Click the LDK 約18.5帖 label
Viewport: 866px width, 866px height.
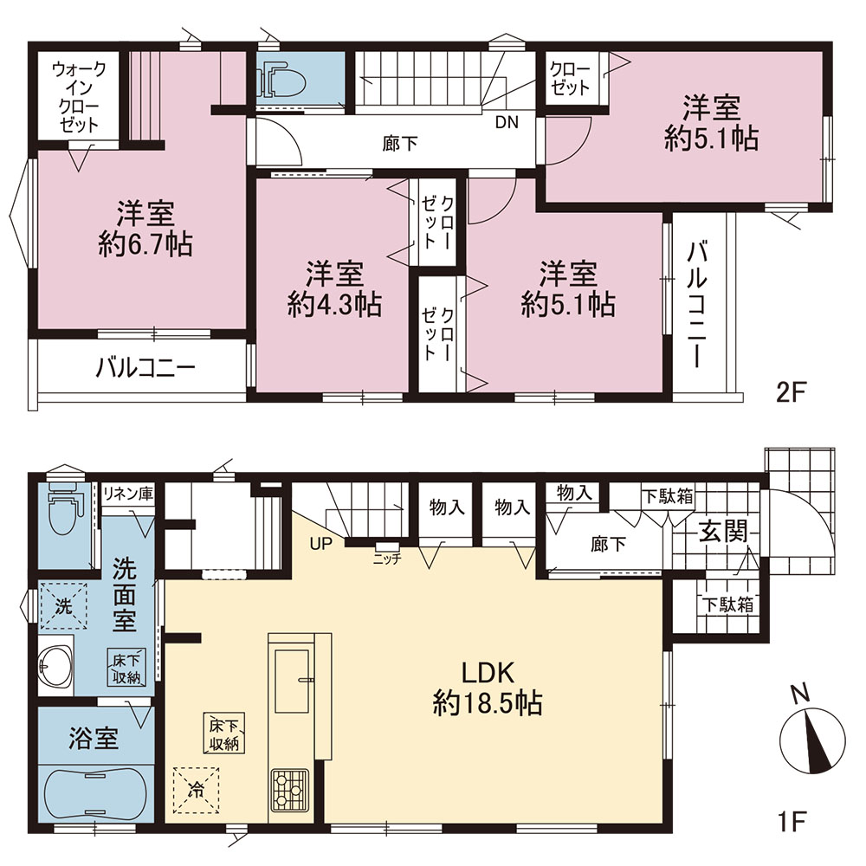(487, 688)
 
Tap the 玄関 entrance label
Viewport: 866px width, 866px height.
(723, 532)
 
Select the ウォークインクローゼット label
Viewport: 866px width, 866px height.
(79, 97)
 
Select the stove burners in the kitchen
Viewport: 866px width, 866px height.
(289, 789)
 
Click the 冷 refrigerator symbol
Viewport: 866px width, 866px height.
(196, 791)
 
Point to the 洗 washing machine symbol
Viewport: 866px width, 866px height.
(64, 606)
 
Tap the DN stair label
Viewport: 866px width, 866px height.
(507, 122)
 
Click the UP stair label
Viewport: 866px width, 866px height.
(321, 544)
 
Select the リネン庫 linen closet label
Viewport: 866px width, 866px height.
(128, 493)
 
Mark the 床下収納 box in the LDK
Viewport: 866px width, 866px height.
(224, 733)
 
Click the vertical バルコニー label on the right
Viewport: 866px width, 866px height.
(697, 304)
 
